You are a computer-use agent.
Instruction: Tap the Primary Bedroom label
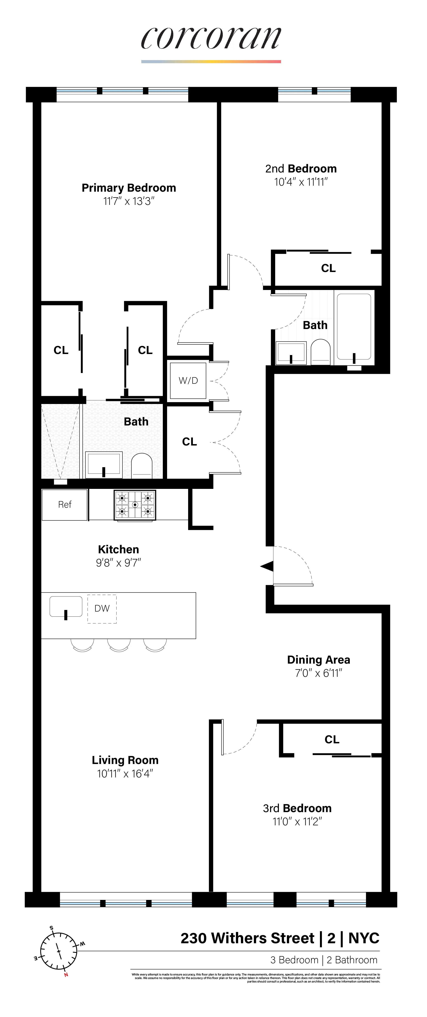[x=129, y=188]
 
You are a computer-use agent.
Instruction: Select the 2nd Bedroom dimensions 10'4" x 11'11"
[x=301, y=182]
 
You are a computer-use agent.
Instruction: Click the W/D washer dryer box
[x=188, y=381]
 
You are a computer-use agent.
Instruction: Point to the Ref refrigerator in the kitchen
[x=65, y=505]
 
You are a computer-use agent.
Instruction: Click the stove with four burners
[x=135, y=505]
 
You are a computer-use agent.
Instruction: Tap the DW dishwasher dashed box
[x=102, y=608]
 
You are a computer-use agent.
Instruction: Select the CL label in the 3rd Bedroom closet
[x=331, y=739]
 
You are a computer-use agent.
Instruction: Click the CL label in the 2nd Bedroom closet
[x=328, y=269]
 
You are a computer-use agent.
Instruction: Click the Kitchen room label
[x=118, y=550]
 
